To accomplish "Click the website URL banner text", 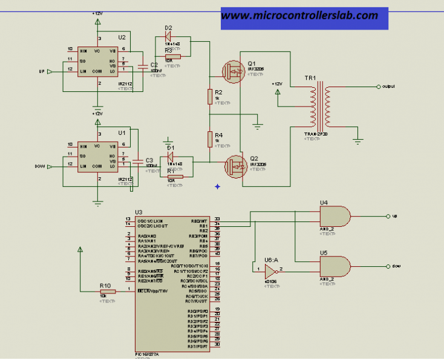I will click(x=299, y=16).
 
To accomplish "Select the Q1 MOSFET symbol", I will click(x=233, y=71).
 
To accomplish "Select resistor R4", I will click(x=210, y=139).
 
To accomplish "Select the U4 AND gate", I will click(x=334, y=215).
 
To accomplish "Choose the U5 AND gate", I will click(x=334, y=265).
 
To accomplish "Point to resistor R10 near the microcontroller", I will click(x=105, y=291).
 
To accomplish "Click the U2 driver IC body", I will click(x=98, y=61).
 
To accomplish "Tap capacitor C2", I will click(x=143, y=67).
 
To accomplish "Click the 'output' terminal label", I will click(x=388, y=87).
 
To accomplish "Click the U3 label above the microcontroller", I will click(x=139, y=212).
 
